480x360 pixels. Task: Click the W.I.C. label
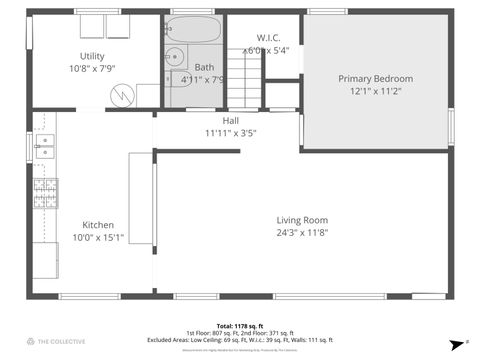pyautogui.click(x=268, y=36)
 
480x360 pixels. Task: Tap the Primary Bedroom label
pyautogui.click(x=375, y=78)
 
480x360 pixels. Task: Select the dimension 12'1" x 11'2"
pyautogui.click(x=375, y=91)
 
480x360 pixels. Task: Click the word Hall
pyautogui.click(x=230, y=120)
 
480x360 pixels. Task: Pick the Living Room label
pyautogui.click(x=302, y=220)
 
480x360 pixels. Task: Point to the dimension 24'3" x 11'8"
pyautogui.click(x=302, y=233)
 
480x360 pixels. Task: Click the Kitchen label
pyautogui.click(x=98, y=225)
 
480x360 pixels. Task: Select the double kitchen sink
pyautogui.click(x=44, y=146)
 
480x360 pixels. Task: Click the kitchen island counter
pyautogui.click(x=141, y=198)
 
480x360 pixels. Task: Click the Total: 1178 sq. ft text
pyautogui.click(x=239, y=326)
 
